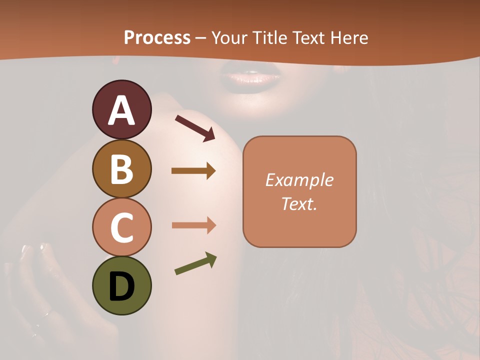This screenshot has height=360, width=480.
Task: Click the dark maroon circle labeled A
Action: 121,109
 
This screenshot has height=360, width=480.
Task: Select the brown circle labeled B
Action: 121,168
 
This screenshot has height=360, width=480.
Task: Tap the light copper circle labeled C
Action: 121,227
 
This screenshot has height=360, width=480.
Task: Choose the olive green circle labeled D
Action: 121,285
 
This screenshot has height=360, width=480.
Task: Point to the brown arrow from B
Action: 193,171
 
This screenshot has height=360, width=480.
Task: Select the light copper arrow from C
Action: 193,225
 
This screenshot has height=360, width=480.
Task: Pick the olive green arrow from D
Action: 195,263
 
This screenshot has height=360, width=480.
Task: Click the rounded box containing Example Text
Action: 299,191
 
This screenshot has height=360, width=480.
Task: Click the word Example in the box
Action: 299,180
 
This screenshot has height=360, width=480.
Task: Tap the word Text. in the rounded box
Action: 299,203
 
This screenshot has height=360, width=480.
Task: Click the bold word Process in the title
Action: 157,37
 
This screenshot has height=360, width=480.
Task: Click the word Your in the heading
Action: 229,37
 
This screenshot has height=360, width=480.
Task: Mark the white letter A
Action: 121,110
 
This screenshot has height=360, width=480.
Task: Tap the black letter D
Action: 121,286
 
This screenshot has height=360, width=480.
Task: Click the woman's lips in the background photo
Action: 251,79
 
